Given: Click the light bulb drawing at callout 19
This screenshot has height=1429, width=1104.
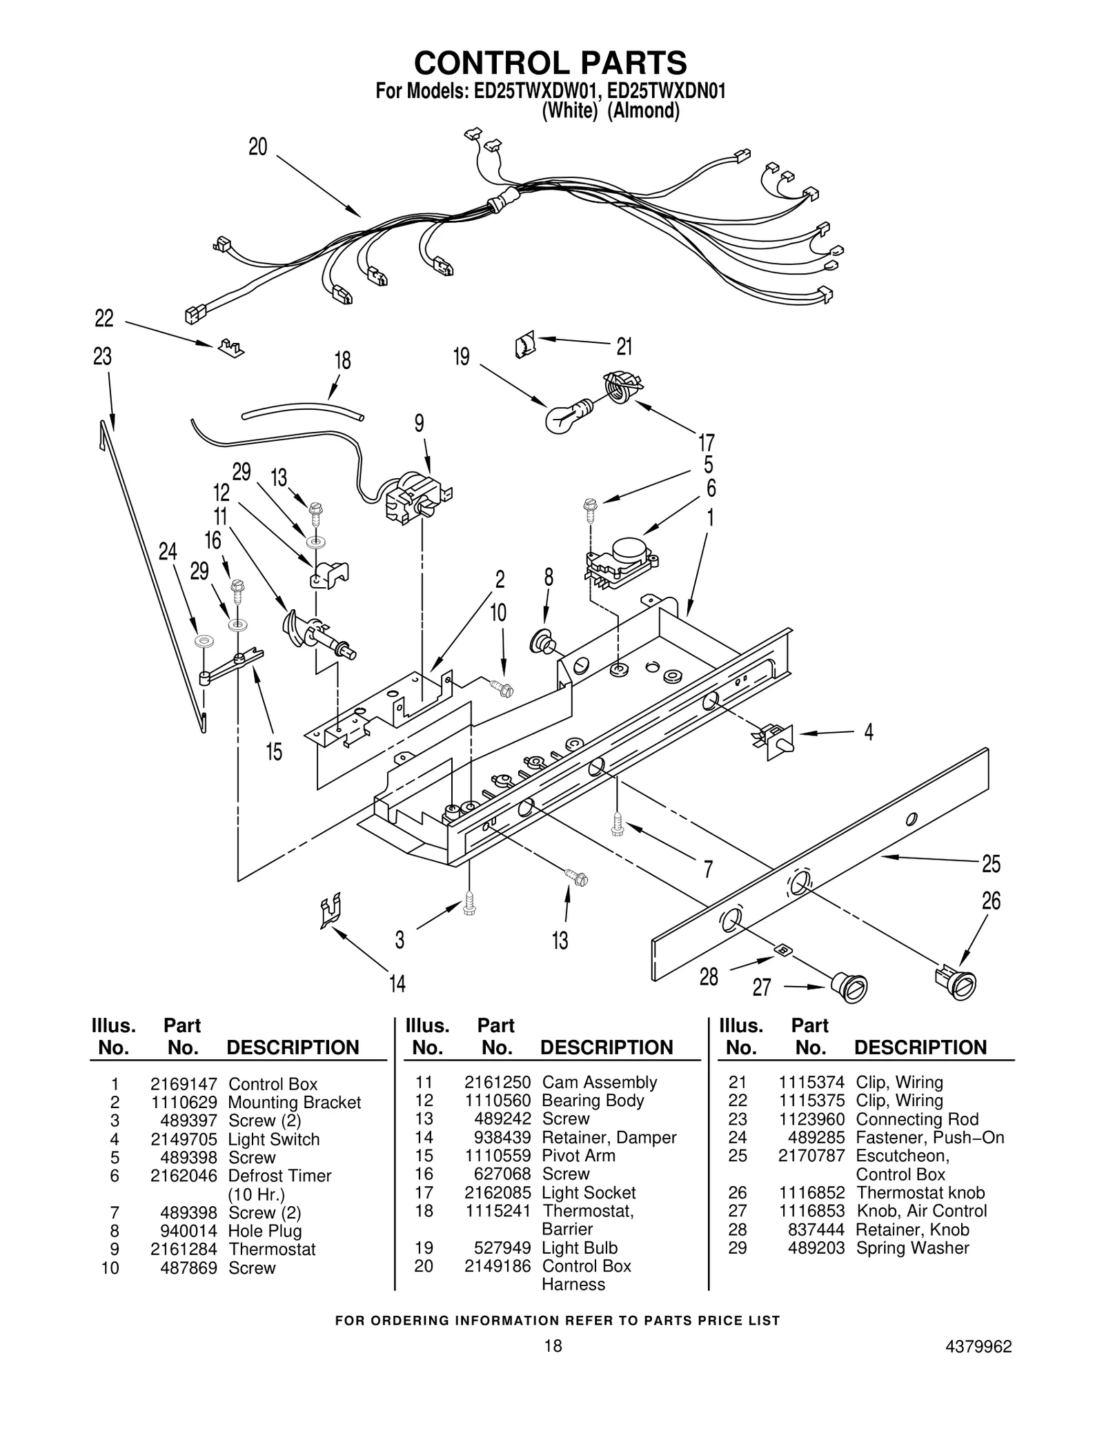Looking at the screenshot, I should point(564,416).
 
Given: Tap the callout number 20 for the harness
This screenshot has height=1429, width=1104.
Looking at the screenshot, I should point(257,147).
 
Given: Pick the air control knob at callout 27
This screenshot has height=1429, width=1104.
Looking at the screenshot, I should point(849,985).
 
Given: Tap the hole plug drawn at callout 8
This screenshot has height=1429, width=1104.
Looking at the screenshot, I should point(542,642).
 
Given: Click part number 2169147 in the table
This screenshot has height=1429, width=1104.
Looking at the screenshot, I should point(184,1084).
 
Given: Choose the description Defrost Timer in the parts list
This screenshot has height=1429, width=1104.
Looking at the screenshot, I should point(279,1176).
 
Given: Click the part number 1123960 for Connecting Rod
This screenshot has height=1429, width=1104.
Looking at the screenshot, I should point(811,1119).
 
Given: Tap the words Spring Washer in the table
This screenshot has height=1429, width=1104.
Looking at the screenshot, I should point(912,1248).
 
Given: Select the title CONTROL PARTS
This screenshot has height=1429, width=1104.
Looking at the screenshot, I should point(551,63).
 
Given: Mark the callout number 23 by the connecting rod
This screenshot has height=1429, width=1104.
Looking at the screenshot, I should point(102,357).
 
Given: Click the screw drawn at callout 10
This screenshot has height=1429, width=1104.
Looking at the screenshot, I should point(502,687).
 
